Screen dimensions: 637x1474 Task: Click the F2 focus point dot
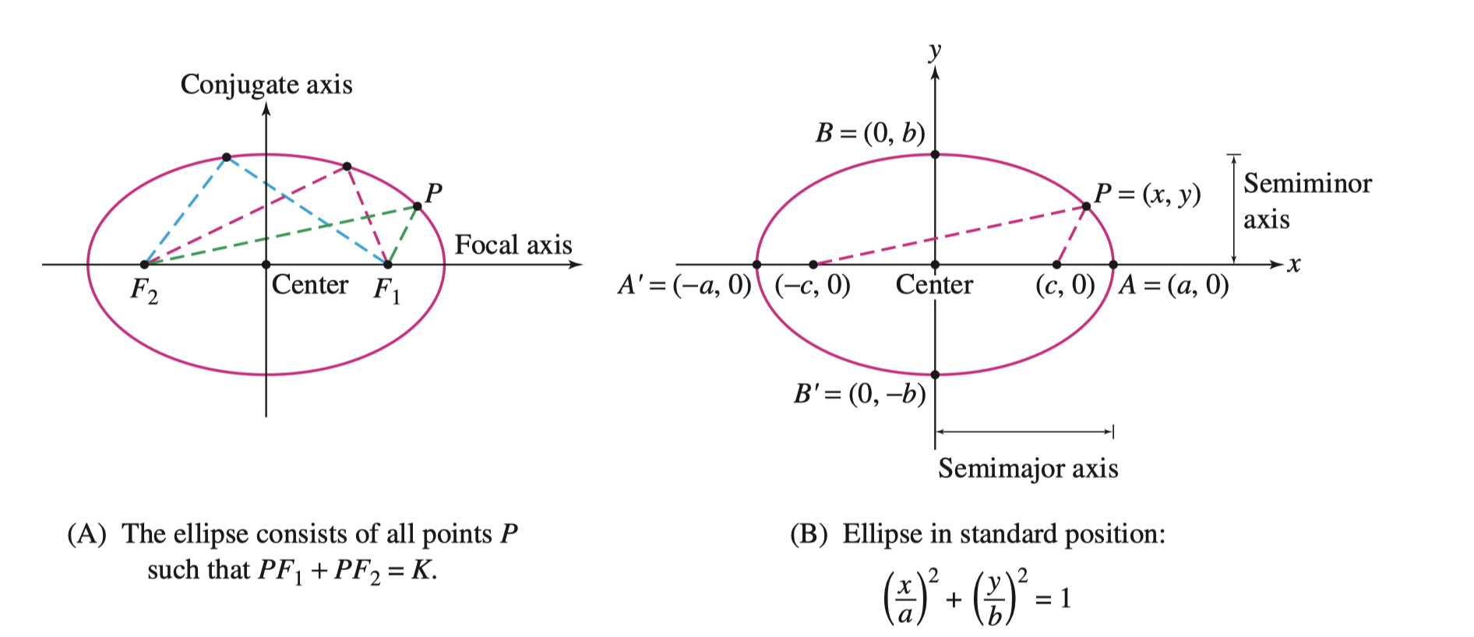(x=144, y=265)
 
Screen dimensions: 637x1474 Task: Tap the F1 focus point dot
(x=388, y=265)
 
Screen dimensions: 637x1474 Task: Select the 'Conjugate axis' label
(x=266, y=84)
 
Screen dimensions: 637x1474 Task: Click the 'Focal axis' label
(x=513, y=245)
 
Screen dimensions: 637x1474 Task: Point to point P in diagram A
(x=418, y=206)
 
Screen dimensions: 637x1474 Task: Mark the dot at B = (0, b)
(x=935, y=155)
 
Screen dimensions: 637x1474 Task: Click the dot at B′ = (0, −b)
(x=935, y=375)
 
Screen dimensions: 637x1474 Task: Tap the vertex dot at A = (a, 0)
(x=1113, y=265)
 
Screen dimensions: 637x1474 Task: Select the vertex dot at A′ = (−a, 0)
(x=756, y=265)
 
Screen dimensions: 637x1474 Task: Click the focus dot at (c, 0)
(x=1056, y=265)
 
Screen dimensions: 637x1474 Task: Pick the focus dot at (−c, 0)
(x=813, y=265)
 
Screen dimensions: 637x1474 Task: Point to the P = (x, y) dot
(x=1086, y=206)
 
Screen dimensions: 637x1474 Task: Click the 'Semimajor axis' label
(x=1028, y=468)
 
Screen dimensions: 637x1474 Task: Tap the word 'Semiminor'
(x=1307, y=184)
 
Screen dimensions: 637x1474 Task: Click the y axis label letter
(x=935, y=51)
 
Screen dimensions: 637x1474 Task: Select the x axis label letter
(x=1294, y=265)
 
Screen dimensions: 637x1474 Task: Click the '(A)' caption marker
(x=86, y=534)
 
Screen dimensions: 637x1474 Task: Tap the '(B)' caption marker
(x=809, y=534)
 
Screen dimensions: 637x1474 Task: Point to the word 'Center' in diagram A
(x=309, y=285)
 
